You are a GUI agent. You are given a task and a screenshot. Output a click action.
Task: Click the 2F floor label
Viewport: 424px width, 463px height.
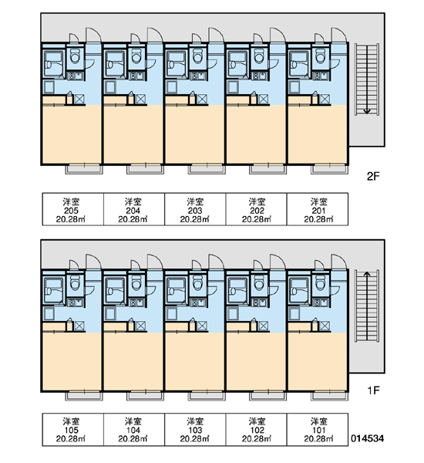point(373,176)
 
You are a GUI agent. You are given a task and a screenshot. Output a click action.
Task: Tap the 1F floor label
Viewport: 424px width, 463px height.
point(373,390)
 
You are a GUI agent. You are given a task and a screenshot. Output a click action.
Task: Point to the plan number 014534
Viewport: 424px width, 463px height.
point(368,438)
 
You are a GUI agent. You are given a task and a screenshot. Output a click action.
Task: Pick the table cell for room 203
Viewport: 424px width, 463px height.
point(195,209)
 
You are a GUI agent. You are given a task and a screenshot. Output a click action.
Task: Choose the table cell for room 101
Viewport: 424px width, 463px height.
point(318,429)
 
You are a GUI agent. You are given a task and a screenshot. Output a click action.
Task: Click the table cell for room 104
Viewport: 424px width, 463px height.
point(134,429)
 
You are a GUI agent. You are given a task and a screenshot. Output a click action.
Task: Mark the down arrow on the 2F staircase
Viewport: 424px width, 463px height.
point(367,79)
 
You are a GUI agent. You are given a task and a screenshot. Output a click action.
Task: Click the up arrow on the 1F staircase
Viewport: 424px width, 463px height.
point(367,306)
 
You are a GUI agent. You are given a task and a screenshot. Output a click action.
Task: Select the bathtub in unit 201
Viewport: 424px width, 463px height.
point(298,63)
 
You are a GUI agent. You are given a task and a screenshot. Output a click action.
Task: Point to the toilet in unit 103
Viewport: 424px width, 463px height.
point(197,282)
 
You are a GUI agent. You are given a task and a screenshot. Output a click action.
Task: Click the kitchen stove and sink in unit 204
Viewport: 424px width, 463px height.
point(137,76)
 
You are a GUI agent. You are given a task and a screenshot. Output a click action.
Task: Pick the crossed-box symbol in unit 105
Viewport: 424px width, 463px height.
point(79,326)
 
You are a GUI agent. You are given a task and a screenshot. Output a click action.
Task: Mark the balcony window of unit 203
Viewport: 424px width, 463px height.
point(207,169)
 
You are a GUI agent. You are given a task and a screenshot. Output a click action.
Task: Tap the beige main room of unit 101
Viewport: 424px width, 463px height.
point(318,361)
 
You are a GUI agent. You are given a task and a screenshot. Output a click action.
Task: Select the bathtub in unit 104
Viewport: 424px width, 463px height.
point(115,290)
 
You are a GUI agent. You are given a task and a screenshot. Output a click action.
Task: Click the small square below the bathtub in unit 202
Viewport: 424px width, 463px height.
point(233,87)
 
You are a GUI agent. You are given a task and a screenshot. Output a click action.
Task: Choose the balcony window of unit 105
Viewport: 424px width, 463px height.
point(84,396)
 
